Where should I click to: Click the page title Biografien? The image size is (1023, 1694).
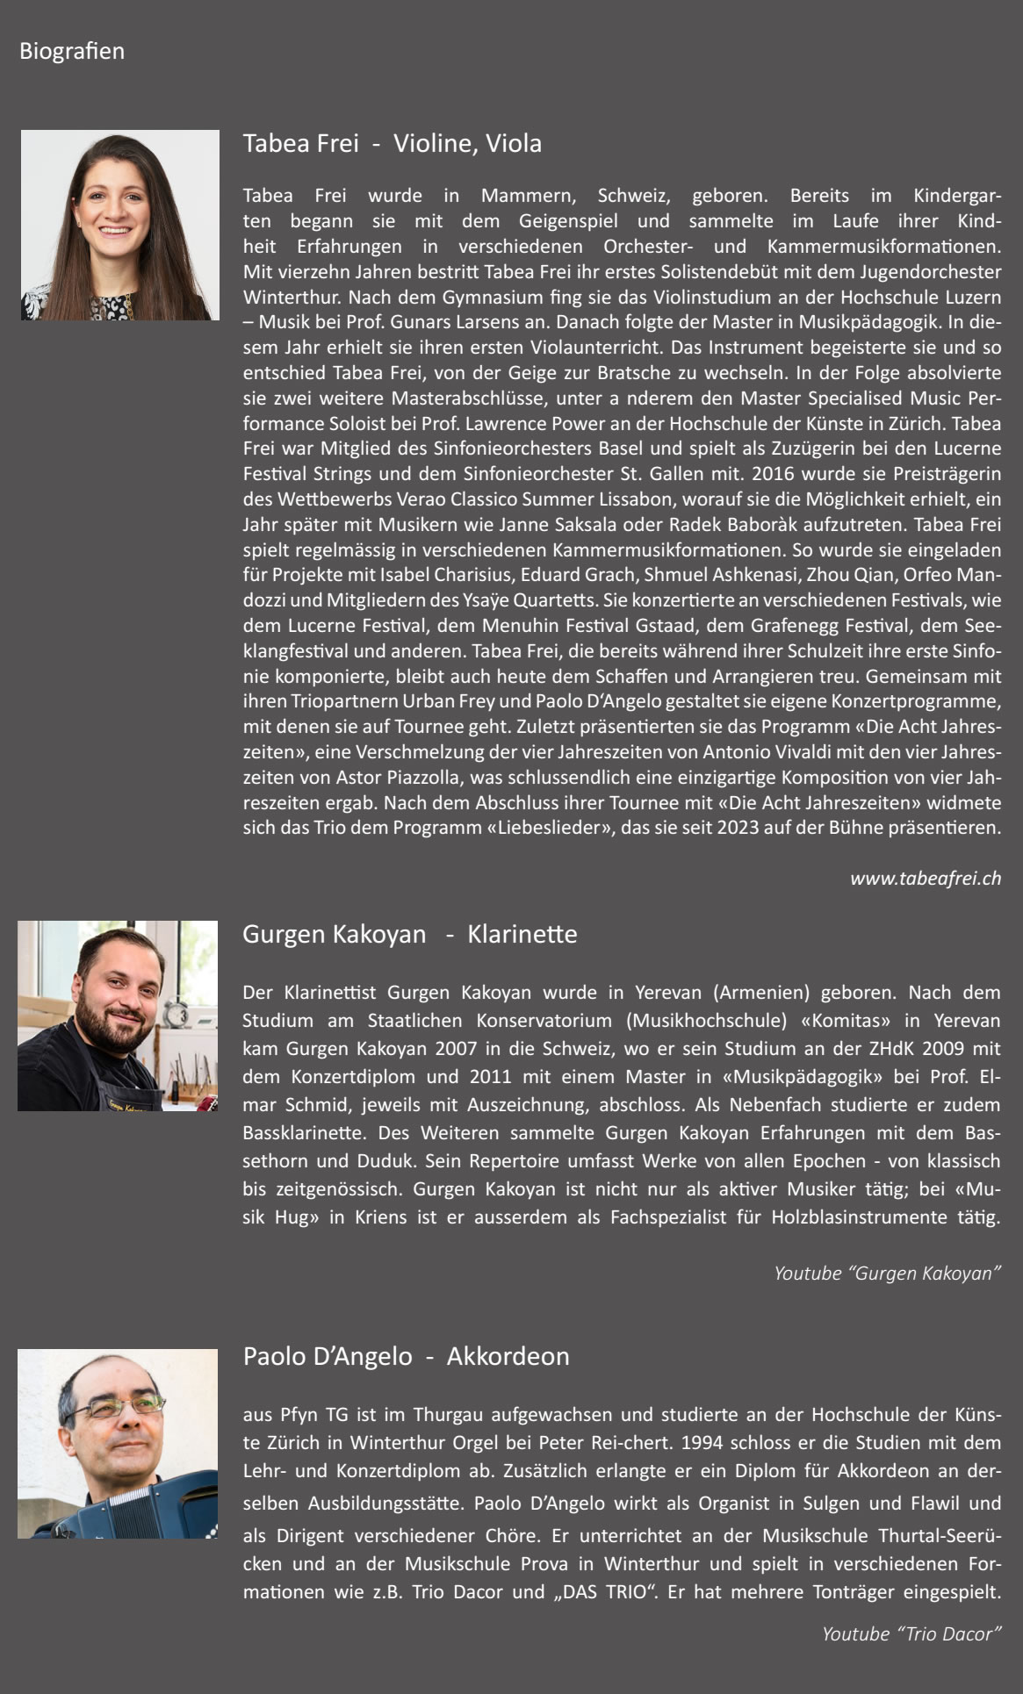pyautogui.click(x=72, y=51)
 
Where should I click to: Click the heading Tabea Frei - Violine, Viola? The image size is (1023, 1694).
pyautogui.click(x=392, y=143)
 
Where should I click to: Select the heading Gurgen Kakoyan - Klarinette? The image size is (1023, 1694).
pyautogui.click(x=409, y=934)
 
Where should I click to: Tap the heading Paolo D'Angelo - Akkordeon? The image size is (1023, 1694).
pyautogui.click(x=406, y=1356)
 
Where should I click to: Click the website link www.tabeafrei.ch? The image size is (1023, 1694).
pyautogui.click(x=925, y=879)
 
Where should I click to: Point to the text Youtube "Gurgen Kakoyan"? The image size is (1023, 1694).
pyautogui.click(x=887, y=1273)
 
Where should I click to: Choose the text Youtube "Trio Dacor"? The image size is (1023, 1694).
pyautogui.click(x=911, y=1633)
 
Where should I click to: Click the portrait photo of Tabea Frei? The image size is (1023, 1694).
pyautogui.click(x=120, y=226)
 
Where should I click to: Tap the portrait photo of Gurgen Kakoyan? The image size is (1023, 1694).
pyautogui.click(x=118, y=1016)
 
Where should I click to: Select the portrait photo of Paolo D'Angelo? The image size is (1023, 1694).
pyautogui.click(x=118, y=1444)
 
